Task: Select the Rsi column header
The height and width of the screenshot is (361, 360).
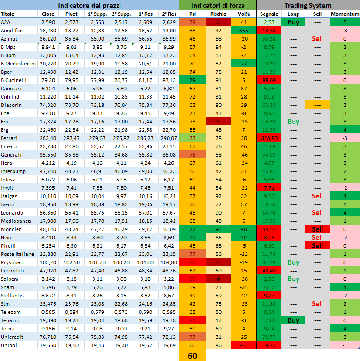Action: click(192, 14)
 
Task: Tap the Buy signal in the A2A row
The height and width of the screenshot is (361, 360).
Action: click(293, 22)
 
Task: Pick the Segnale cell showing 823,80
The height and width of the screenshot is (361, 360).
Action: click(269, 138)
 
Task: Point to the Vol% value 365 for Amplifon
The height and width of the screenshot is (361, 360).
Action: click(244, 31)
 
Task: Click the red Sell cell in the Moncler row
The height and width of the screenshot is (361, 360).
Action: click(317, 229)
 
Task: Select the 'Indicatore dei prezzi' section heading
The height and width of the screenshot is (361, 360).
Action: click(89, 5)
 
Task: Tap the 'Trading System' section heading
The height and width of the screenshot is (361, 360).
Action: click(308, 5)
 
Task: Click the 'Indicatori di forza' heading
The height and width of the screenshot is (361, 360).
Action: click(217, 5)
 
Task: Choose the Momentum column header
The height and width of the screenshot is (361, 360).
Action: click(345, 14)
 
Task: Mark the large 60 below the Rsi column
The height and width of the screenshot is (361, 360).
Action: click(192, 356)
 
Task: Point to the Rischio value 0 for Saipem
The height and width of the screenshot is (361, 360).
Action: click(218, 279)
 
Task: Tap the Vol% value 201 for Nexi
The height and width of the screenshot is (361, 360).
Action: click(244, 238)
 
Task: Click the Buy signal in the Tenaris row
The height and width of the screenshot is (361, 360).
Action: click(293, 320)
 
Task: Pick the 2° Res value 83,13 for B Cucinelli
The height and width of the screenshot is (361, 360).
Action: click(168, 80)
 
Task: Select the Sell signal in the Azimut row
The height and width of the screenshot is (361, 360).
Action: click(317, 39)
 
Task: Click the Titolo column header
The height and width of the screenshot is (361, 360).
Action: click(8, 14)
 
